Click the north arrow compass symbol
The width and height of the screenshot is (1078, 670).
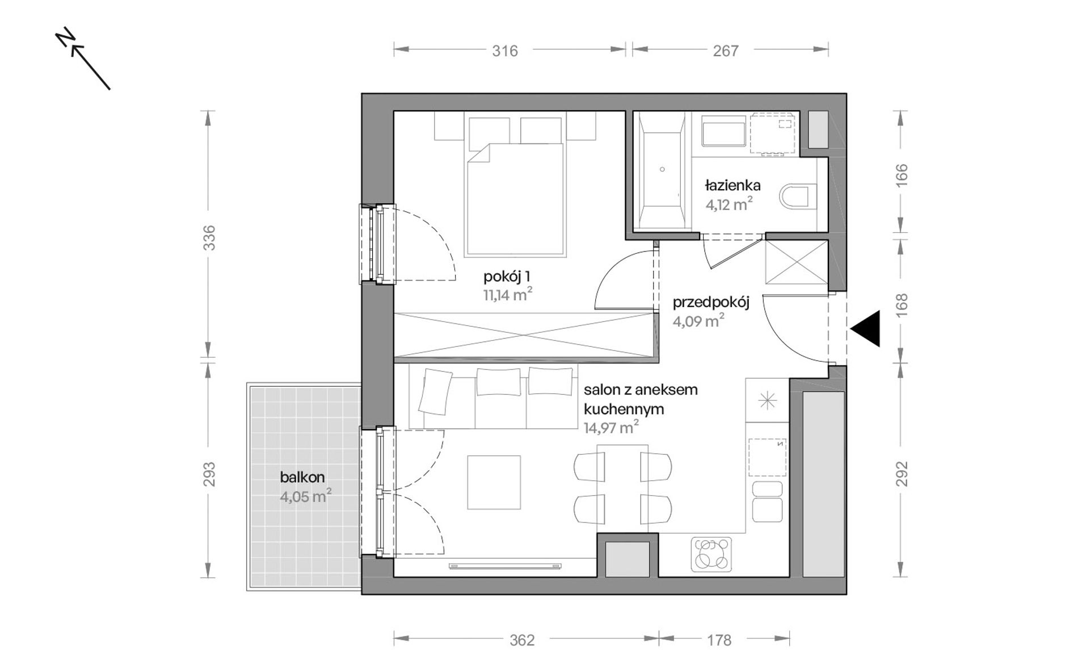(82, 58)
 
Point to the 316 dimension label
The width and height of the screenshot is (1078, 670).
(505, 51)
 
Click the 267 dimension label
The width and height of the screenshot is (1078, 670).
(726, 51)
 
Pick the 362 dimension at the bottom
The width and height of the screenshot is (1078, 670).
(522, 640)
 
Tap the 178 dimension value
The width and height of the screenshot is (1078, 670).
(719, 640)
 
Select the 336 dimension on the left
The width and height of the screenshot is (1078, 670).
(209, 238)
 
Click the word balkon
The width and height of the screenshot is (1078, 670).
(302, 477)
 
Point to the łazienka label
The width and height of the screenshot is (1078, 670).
(733, 185)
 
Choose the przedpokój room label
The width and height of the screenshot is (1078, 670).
(711, 303)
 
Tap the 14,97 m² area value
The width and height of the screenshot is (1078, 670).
(612, 427)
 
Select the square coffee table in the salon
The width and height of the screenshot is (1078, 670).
(494, 482)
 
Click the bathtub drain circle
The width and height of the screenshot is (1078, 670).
(662, 169)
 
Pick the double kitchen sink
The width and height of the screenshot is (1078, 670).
(767, 501)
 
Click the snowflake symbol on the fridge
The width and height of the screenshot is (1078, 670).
(767, 401)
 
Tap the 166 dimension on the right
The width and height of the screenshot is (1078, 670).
(902, 175)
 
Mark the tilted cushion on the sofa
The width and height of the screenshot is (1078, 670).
(435, 391)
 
